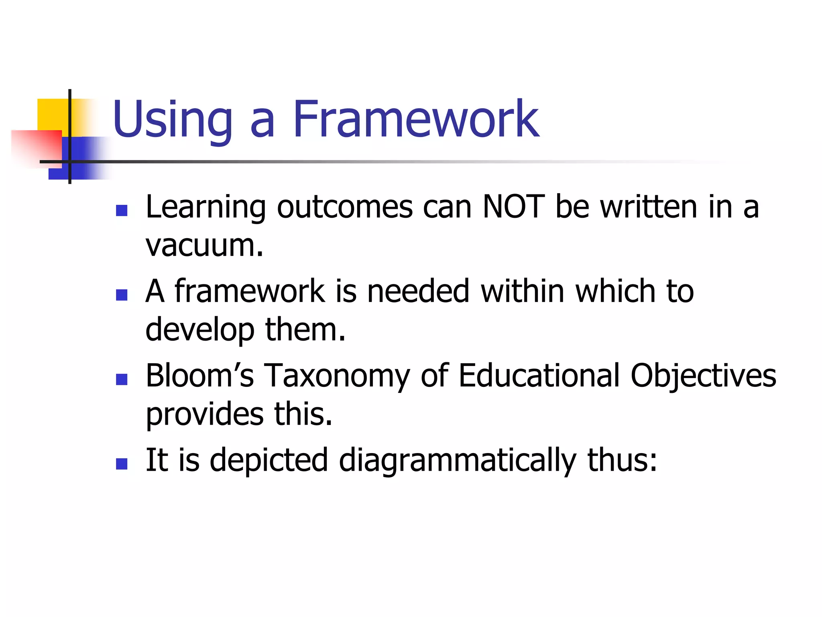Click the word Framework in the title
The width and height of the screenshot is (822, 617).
(415, 119)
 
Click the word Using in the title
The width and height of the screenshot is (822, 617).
(173, 119)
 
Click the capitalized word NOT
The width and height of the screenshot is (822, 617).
(514, 207)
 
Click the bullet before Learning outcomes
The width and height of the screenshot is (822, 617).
(122, 210)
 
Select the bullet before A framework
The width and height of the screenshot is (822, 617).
(122, 295)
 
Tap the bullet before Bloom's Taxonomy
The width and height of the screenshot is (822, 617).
(122, 379)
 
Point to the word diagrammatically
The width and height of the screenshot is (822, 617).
(458, 461)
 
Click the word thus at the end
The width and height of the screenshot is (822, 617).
(622, 460)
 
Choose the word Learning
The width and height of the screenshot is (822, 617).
(206, 208)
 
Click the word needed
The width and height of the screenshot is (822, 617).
(418, 291)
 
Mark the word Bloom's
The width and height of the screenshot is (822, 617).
(199, 376)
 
